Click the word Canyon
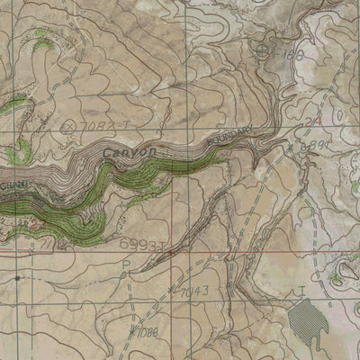click(130, 154)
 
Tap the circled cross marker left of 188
click(262, 50)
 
